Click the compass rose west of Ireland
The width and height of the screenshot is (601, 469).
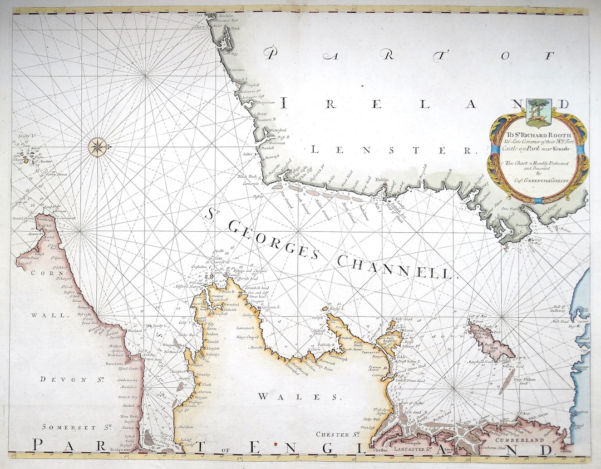coord(97,147)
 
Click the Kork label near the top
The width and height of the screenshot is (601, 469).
coord(235,27)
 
